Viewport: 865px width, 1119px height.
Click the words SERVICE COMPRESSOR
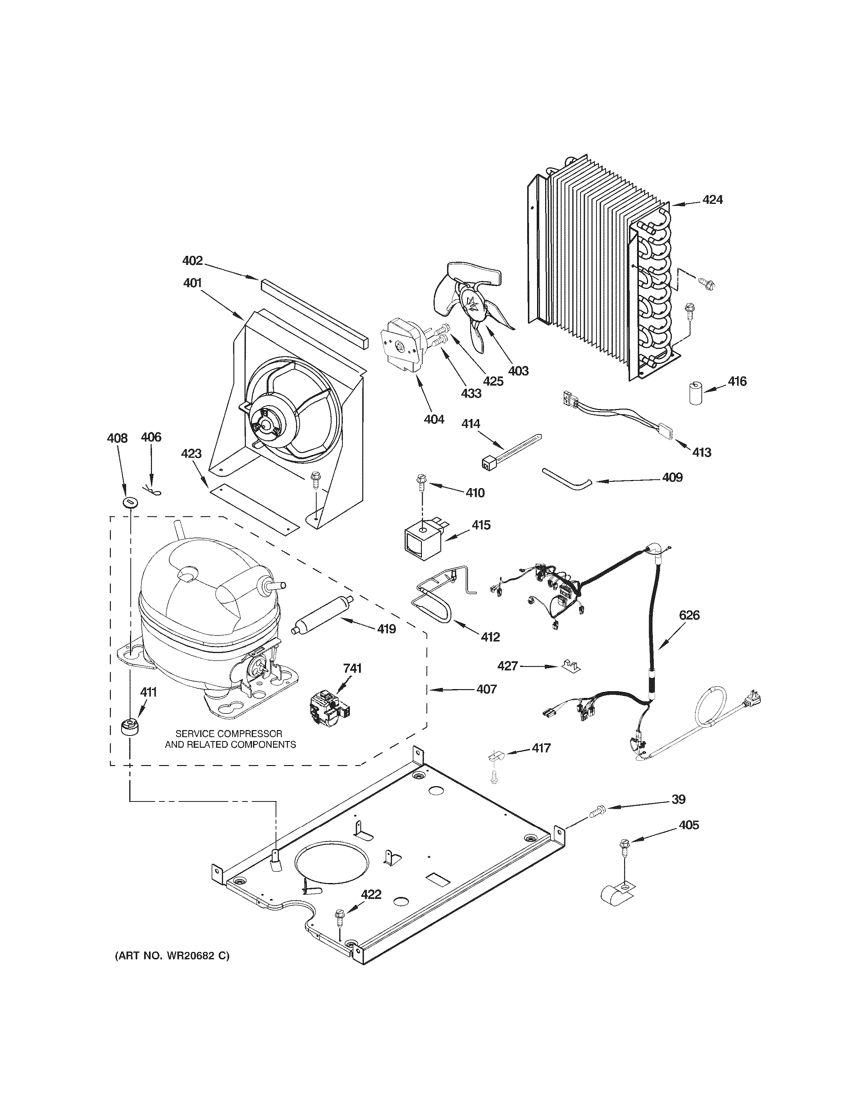(229, 734)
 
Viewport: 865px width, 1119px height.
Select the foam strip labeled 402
(314, 313)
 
